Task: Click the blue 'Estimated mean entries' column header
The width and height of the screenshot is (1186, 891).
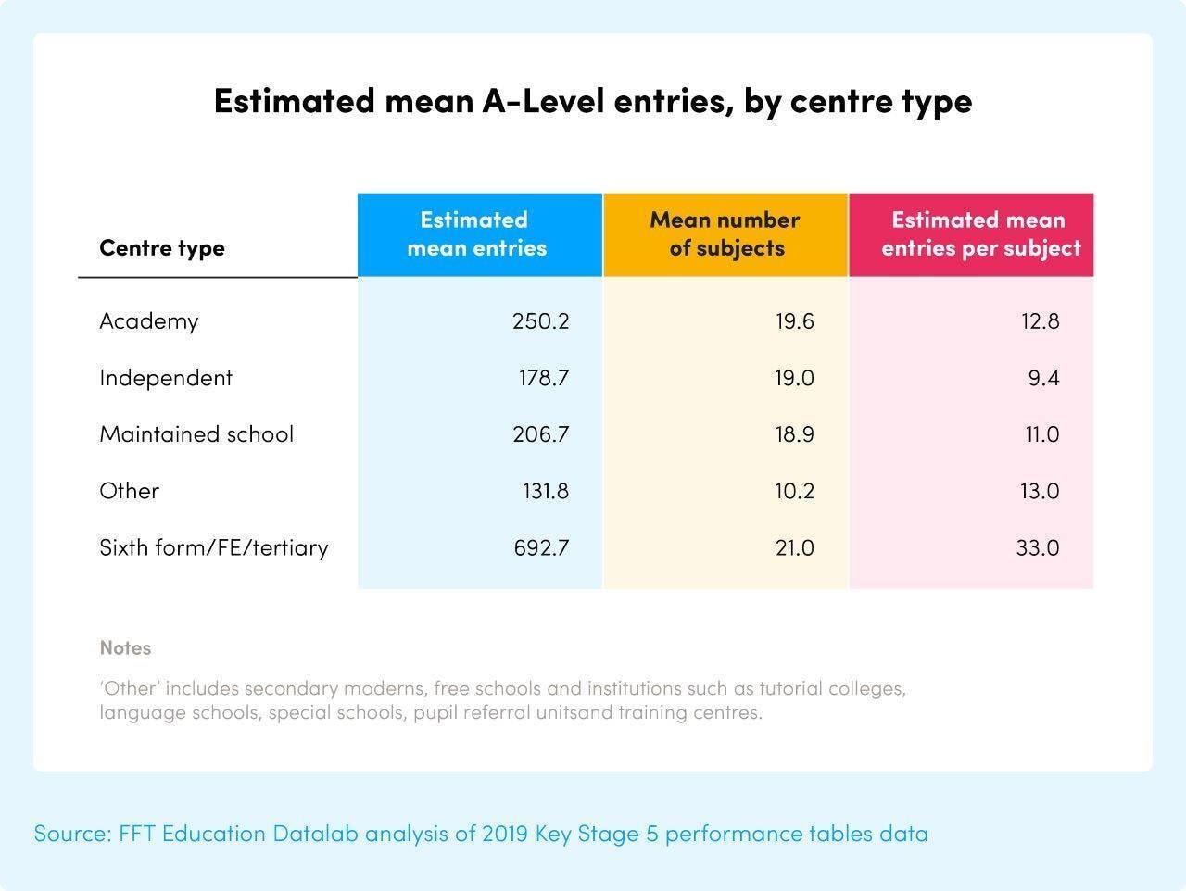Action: coord(477,234)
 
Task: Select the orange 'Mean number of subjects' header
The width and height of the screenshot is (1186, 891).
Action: coord(725,234)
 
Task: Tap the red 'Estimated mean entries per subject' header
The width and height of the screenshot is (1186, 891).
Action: coord(979,234)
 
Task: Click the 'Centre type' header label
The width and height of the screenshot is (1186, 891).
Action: coord(162,248)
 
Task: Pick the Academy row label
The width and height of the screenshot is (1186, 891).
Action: coord(149,321)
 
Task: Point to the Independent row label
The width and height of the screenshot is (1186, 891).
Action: coord(166,378)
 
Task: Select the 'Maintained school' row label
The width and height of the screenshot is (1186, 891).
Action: coord(196,434)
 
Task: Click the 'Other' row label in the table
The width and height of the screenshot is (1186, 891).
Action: coord(130,491)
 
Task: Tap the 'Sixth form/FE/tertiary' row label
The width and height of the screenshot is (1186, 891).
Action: coord(214,547)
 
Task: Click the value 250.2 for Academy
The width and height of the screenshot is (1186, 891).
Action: coord(541,321)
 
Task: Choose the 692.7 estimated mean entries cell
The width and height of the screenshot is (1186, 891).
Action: coord(541,547)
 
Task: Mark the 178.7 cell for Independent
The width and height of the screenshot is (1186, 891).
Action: coord(543,378)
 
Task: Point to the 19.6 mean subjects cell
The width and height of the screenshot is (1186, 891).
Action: coord(794,321)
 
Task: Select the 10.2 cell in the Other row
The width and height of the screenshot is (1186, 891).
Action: coord(794,491)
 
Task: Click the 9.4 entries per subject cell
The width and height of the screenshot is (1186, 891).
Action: coord(1043,378)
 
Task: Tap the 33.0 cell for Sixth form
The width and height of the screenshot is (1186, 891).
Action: coord(1038,547)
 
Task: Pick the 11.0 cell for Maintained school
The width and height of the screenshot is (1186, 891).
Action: coord(1041,434)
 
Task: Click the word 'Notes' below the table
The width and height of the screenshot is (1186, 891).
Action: coord(125,648)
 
